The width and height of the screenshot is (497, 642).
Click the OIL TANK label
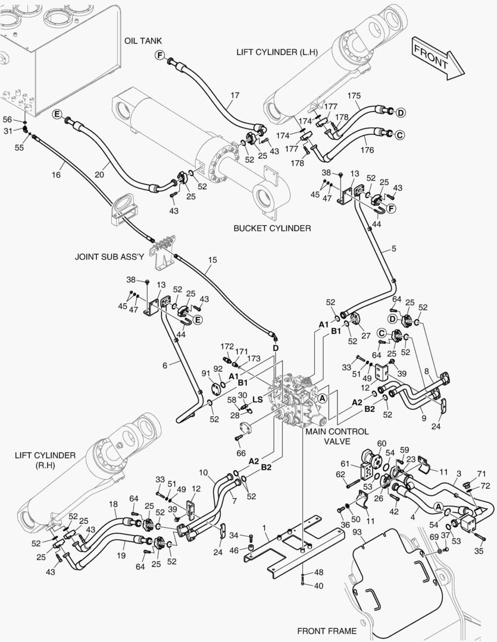[x=143, y=41]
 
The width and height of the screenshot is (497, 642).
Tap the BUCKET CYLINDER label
[x=272, y=228]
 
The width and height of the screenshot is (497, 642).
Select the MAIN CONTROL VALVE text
[x=337, y=436]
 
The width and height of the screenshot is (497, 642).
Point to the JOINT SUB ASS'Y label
[x=110, y=257]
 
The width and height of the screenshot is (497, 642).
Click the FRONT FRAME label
[x=327, y=631]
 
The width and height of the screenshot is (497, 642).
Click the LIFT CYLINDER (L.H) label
[x=277, y=52]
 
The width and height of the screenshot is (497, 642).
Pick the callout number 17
[x=235, y=95]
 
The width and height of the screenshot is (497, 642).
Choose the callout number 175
[x=354, y=96]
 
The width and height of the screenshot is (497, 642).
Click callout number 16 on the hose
[x=56, y=175]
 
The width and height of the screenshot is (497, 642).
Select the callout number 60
[x=382, y=443]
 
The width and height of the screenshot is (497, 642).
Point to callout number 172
[x=227, y=347]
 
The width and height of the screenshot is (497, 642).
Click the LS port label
[x=257, y=399]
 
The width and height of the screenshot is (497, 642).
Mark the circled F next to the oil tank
[x=160, y=55]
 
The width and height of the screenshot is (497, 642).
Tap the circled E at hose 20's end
[x=57, y=114]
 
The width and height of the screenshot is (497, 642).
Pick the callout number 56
[x=7, y=119]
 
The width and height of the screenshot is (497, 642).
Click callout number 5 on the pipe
[x=394, y=248]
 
